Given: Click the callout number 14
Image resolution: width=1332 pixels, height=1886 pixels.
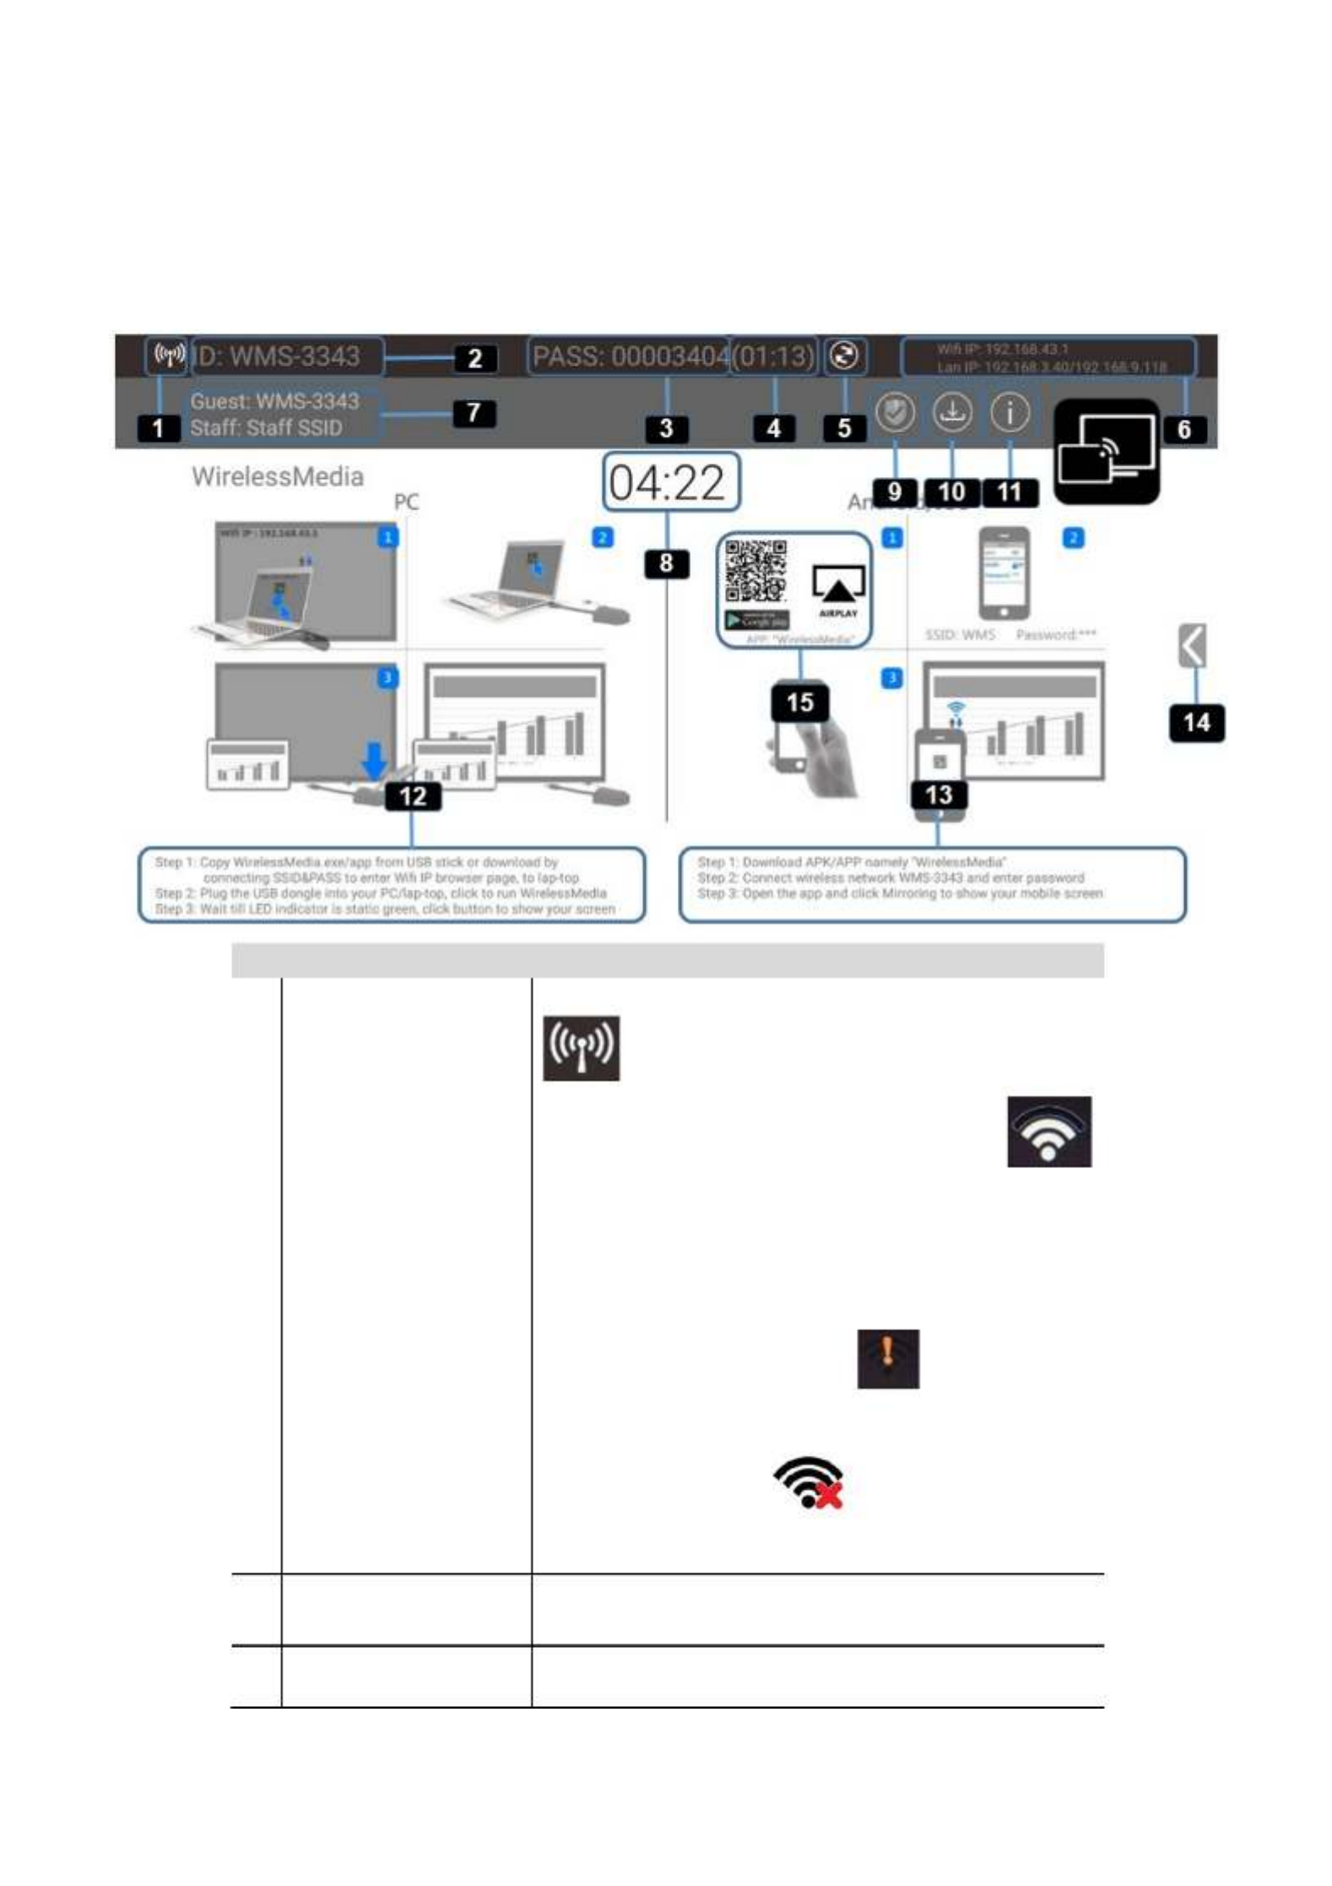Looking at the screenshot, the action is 1196,723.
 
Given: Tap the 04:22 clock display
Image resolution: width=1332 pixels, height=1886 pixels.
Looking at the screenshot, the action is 670,482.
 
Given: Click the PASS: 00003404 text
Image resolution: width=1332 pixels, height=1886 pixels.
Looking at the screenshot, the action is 630,356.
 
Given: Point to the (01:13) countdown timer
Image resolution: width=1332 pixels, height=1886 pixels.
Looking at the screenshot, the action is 773,356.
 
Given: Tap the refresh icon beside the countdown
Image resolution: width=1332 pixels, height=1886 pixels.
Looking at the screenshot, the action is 844,356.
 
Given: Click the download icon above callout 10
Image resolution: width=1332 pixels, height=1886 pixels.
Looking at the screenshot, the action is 951,413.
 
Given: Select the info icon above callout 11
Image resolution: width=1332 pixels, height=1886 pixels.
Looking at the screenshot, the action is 1010,413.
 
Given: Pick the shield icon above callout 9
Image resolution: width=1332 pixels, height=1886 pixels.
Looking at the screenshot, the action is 895,413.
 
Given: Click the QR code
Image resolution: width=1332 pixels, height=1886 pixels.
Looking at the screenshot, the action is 756,571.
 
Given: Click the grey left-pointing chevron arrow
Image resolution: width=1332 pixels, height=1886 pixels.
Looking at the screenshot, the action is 1192,646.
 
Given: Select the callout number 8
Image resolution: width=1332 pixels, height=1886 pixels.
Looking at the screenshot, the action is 666,563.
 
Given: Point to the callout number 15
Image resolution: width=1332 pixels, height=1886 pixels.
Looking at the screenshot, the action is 799,703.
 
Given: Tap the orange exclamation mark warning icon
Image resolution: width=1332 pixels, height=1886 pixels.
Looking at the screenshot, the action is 888,1359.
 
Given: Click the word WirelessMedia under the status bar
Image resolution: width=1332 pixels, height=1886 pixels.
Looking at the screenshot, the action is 278,477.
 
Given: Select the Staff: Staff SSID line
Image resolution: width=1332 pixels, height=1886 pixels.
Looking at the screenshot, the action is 267,428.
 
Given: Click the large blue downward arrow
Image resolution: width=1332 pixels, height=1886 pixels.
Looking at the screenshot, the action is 374,760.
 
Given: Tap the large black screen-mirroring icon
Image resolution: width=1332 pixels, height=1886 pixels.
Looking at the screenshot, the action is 1107,452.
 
